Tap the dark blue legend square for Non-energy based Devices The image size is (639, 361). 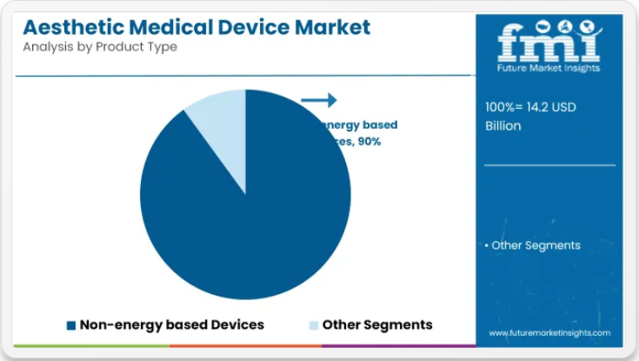[71, 325]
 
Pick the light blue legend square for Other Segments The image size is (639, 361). [313, 325]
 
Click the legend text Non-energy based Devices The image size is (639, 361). [171, 324]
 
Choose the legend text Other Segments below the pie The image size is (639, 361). [377, 324]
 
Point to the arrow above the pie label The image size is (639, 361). [318, 101]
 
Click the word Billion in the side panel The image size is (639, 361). [503, 125]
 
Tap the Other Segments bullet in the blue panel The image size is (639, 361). [532, 245]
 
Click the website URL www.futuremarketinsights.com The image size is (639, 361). [549, 333]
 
